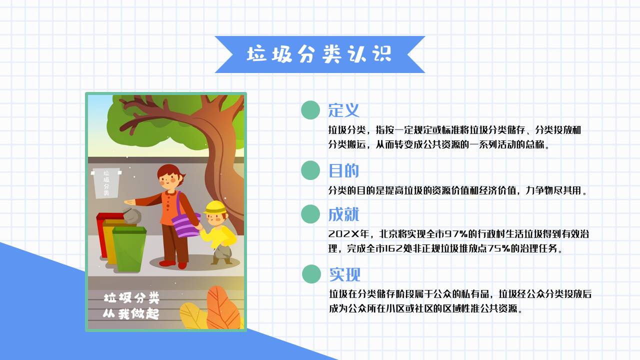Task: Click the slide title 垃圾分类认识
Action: click(x=319, y=54)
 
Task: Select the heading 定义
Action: click(x=344, y=110)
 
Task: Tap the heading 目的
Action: click(x=344, y=171)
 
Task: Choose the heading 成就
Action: click(x=344, y=214)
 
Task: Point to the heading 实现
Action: click(x=344, y=274)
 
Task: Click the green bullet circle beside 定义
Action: click(x=310, y=110)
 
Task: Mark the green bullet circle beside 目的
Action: click(x=310, y=170)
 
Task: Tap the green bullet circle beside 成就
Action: click(x=310, y=214)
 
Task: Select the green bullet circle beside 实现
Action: click(x=311, y=274)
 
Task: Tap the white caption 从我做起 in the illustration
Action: click(x=131, y=314)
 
